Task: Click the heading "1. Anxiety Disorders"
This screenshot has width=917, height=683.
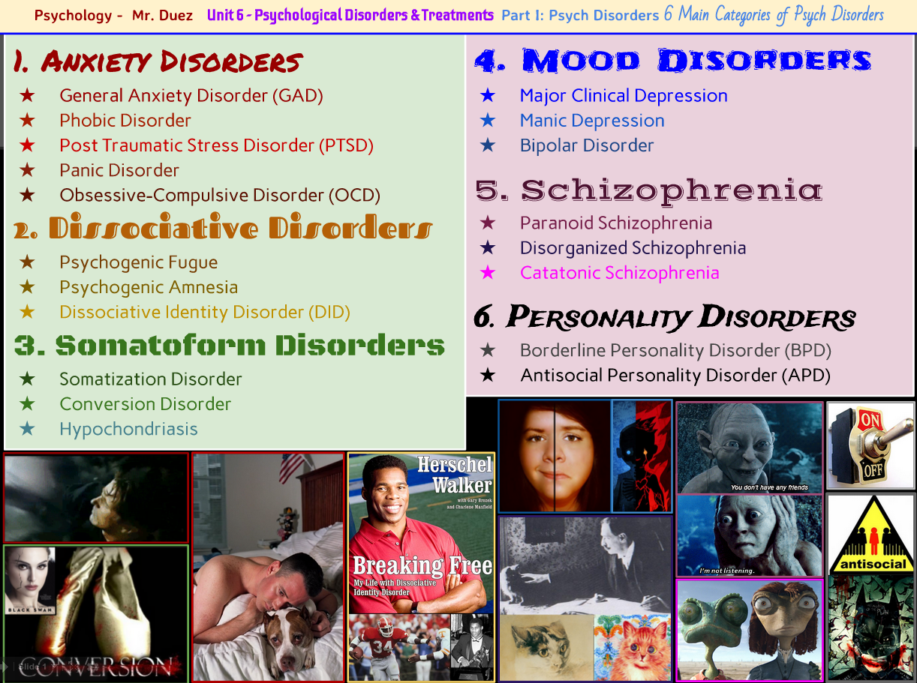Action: [x=158, y=62]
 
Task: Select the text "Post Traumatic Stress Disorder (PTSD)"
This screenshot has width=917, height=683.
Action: [x=216, y=145]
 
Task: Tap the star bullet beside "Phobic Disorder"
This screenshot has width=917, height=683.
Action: [x=28, y=120]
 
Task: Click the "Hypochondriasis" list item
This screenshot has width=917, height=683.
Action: [x=128, y=429]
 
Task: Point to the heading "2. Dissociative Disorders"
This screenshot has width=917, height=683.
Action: [x=223, y=228]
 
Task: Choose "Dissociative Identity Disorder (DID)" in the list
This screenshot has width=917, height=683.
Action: [x=204, y=312]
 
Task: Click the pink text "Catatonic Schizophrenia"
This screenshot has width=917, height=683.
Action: [x=619, y=273]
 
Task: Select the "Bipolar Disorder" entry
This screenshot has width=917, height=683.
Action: [x=586, y=145]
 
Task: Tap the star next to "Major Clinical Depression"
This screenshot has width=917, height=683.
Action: [x=488, y=95]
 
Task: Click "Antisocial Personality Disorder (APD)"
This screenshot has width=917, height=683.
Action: [x=675, y=375]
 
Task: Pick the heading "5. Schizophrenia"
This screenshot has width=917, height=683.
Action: [x=649, y=190]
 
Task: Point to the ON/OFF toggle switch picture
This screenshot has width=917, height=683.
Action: [x=870, y=445]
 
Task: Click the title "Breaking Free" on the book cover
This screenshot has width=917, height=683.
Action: [x=422, y=565]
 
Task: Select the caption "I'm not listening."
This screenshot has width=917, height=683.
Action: [x=726, y=571]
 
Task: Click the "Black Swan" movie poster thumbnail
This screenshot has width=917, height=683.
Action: [x=30, y=580]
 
